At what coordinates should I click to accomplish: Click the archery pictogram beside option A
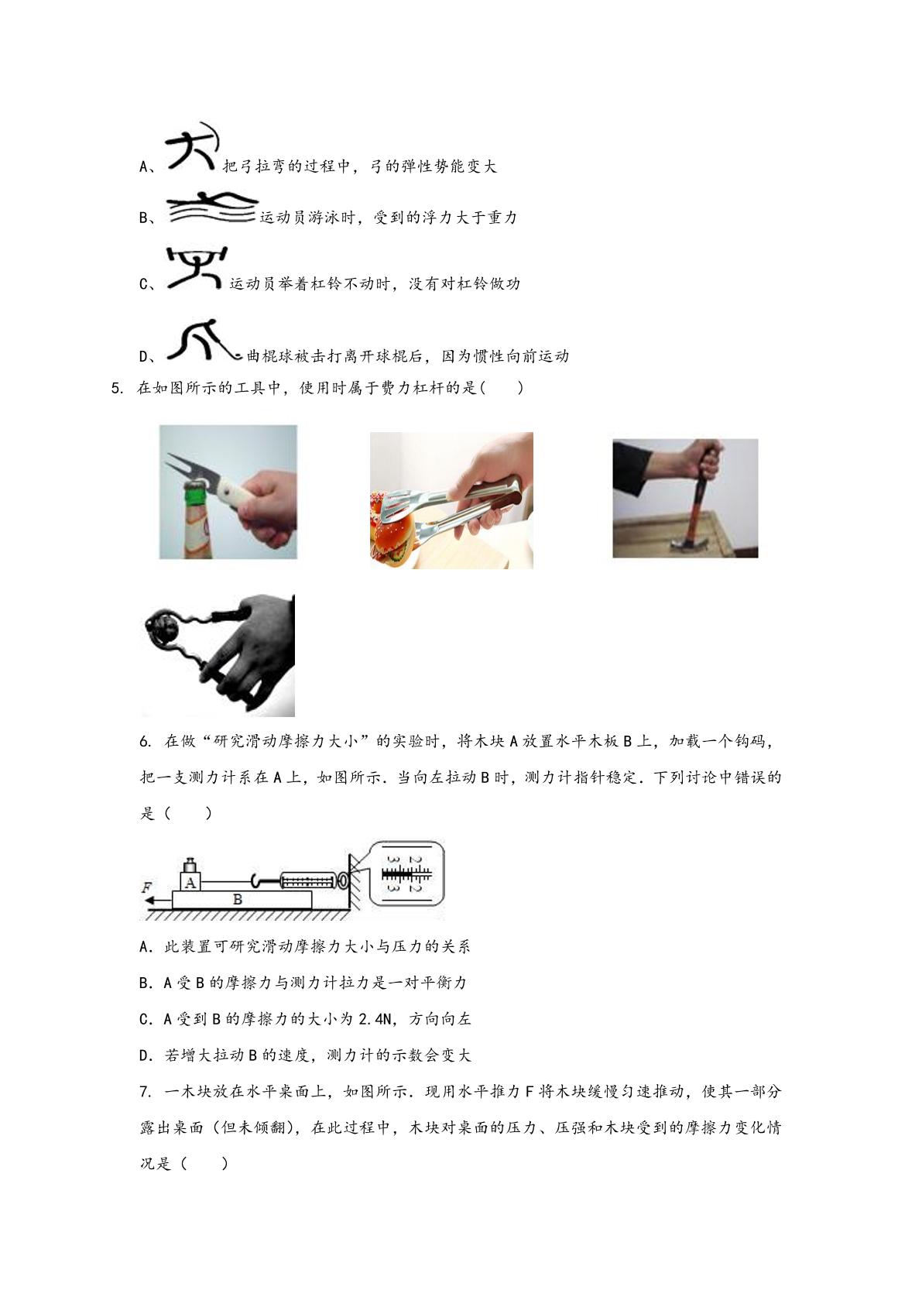click(x=191, y=146)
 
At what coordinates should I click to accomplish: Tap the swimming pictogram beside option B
click(x=212, y=208)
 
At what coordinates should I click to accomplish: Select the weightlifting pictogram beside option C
click(x=196, y=269)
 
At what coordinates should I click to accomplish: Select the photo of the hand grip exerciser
click(x=218, y=655)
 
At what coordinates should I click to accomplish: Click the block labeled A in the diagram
click(x=190, y=882)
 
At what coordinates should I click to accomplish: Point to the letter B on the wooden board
click(x=238, y=900)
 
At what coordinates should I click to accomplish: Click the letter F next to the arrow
click(x=146, y=887)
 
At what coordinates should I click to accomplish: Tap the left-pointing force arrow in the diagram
click(x=158, y=901)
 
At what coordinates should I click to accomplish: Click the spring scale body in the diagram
click(x=309, y=880)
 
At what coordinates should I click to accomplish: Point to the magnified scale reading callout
click(x=407, y=873)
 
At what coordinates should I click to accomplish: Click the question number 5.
click(x=116, y=388)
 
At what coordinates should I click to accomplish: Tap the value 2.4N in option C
click(x=377, y=1019)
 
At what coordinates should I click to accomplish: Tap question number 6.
click(x=146, y=742)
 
